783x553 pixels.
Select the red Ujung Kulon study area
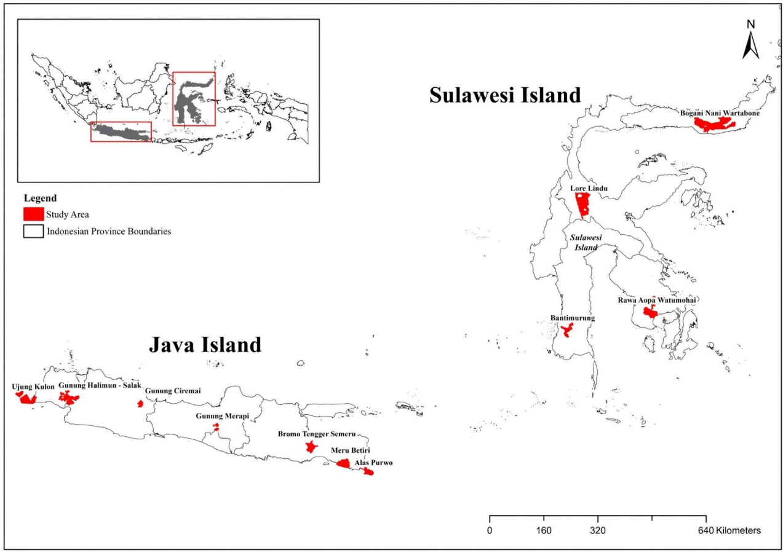27,398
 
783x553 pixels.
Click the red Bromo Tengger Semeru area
311,447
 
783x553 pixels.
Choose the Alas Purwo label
373,463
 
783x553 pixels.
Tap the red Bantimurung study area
566,332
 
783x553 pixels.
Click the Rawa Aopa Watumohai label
658,300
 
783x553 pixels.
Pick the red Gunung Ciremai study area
140,404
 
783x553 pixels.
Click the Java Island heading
205,345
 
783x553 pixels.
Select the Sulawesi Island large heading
505,95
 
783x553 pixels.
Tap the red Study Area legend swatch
33,214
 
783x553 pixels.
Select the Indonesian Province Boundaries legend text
108,232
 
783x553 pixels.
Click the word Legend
40,198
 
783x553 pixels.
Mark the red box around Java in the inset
121,131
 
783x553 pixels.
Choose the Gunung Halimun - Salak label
100,385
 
